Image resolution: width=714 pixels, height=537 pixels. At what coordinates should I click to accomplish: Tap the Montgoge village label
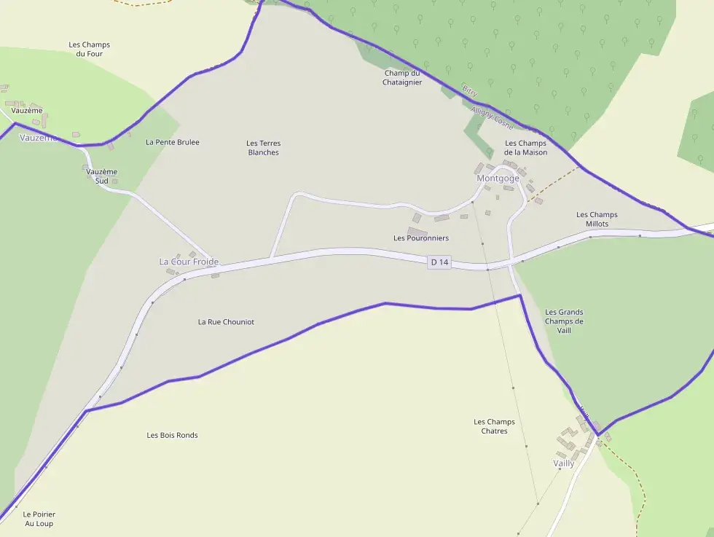498,179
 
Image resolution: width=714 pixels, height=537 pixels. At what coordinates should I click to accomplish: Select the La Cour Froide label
189,262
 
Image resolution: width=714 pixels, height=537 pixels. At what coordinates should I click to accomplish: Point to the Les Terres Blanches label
263,148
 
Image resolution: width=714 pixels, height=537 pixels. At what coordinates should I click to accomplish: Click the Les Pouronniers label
421,238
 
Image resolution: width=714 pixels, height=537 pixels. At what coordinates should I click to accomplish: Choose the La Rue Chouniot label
226,322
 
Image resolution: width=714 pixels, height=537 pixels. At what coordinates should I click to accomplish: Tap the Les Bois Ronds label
172,436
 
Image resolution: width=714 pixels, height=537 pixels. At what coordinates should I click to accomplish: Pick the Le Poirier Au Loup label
39,519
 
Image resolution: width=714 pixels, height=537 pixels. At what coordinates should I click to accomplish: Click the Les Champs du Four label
90,49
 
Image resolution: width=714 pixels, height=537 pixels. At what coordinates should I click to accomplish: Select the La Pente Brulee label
173,142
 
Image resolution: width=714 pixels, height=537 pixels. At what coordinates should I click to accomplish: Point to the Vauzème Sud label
101,176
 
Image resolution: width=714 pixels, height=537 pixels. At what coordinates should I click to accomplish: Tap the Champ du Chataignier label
402,78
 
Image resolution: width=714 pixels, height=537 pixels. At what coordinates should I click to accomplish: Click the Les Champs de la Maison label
525,148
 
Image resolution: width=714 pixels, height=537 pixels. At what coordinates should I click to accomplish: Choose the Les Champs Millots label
597,219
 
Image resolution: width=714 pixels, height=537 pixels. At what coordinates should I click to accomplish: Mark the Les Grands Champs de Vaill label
564,321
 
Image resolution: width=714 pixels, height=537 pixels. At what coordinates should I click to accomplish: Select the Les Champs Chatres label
494,426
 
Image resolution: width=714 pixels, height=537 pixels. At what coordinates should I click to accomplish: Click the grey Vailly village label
564,463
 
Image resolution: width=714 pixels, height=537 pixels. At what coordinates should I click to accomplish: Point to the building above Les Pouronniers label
417,231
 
